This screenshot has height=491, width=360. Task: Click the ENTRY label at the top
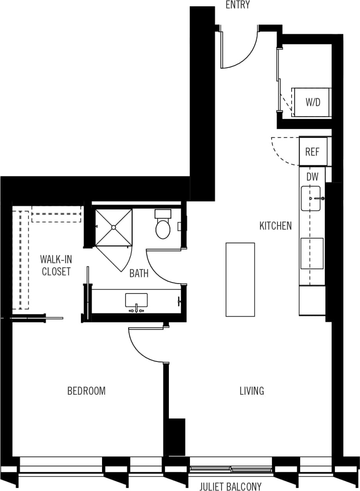pyautogui.click(x=237, y=5)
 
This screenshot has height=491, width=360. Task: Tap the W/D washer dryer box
pyautogui.click(x=312, y=102)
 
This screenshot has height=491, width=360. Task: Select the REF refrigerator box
pyautogui.click(x=312, y=151)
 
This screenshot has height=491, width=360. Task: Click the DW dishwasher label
pyautogui.click(x=312, y=177)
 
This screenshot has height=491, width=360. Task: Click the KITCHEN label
pyautogui.click(x=276, y=226)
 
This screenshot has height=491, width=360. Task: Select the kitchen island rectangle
pyautogui.click(x=240, y=279)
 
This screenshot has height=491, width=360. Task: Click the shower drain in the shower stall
pyautogui.click(x=113, y=227)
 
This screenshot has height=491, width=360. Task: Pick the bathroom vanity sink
pyautogui.click(x=136, y=300)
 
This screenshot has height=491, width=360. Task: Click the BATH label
pyautogui.click(x=139, y=273)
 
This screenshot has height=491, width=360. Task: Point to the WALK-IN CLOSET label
pyautogui.click(x=56, y=265)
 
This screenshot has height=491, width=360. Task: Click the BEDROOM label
pyautogui.click(x=86, y=391)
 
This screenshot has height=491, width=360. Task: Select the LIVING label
pyautogui.click(x=252, y=391)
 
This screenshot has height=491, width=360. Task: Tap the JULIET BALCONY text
pyautogui.click(x=230, y=486)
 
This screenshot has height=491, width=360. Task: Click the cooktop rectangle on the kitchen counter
pyautogui.click(x=312, y=253)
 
